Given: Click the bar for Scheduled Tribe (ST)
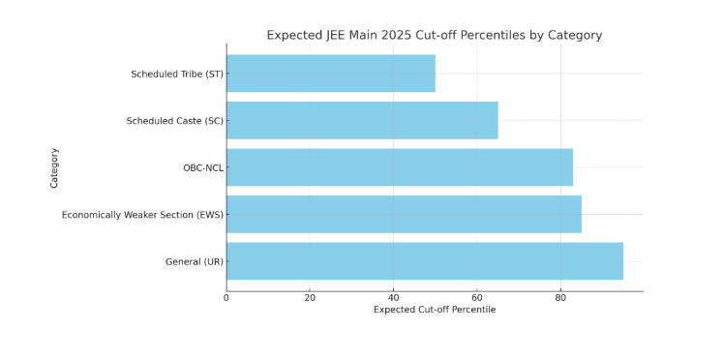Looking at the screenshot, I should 330,74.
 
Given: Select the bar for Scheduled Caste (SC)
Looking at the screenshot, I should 362,121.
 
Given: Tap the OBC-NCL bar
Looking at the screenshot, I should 399,167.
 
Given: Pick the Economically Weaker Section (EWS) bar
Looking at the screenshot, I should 404,214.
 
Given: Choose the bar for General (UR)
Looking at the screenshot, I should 424,261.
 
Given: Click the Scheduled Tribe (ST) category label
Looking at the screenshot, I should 175,74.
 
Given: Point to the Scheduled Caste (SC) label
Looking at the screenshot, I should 173,121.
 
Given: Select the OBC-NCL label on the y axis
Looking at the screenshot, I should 202,167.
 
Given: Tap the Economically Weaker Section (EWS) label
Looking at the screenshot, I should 142,214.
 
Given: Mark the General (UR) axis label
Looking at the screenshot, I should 194,261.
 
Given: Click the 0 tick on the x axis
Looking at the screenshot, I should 226,298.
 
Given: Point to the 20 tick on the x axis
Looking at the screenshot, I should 310,298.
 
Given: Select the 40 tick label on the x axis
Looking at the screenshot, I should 393,298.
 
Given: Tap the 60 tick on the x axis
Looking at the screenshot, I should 476,298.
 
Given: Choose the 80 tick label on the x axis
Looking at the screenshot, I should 559,298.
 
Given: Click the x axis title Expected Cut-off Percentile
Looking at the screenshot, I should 435,310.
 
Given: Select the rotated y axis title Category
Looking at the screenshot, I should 55,167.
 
